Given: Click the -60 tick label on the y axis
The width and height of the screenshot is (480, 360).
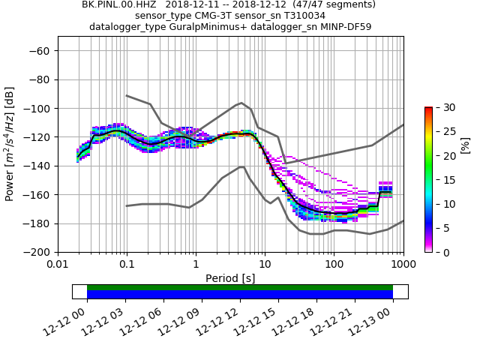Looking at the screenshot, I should coord(39,50).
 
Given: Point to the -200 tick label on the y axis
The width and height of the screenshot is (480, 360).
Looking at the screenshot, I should coord(36,252).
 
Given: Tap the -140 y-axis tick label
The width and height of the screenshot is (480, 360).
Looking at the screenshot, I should coord(36,166).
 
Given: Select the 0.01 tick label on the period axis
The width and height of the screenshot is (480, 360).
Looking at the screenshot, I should coord(58,265).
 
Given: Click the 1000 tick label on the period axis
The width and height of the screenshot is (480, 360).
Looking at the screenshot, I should coord(403,265).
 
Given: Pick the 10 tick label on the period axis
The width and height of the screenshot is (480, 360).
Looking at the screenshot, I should coord(265,265).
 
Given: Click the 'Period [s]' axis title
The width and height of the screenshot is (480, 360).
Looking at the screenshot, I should coord(230,278).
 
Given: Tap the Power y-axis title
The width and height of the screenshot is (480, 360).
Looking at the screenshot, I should coord(10,144).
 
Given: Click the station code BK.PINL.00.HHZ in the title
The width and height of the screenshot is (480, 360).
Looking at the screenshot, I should coord(118,4).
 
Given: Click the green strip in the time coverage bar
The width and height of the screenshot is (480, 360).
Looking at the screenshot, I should coord(240,287).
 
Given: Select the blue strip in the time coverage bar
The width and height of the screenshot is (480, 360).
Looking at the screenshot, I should coord(240,295).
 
